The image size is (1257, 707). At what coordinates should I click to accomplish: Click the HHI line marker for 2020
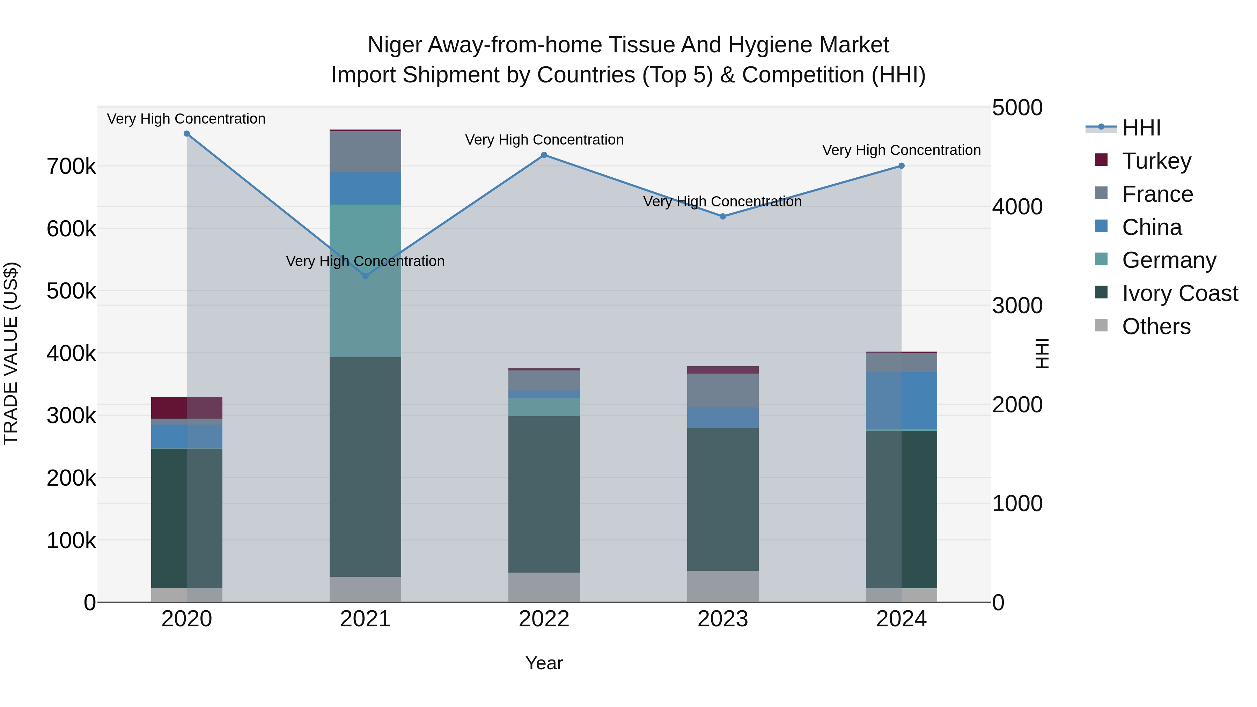[x=186, y=134]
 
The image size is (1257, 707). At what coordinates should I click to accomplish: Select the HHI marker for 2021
[x=366, y=276]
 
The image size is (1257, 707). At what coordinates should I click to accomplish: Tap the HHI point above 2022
[x=544, y=155]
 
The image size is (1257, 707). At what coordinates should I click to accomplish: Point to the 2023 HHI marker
[x=723, y=216]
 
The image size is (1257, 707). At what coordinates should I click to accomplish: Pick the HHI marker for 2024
[x=901, y=166]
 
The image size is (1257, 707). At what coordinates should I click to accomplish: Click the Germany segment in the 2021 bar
[x=366, y=281]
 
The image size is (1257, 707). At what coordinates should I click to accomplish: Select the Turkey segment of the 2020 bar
[x=186, y=408]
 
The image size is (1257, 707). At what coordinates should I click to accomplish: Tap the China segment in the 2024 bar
[x=901, y=400]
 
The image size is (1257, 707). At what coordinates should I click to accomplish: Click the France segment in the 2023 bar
[x=723, y=390]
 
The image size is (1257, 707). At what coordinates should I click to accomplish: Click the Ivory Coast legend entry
[x=1180, y=293]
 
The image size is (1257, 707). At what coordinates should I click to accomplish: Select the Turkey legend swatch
[x=1101, y=160]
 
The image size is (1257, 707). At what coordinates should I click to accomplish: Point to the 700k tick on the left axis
[x=71, y=167]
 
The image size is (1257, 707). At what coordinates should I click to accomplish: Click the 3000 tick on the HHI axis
[x=1017, y=306]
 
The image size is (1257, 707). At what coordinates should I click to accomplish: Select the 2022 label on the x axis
[x=544, y=619]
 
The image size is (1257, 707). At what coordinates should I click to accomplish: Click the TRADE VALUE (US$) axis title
[x=11, y=353]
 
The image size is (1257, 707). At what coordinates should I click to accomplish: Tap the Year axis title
[x=544, y=663]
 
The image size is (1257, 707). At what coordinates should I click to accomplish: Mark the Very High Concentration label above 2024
[x=901, y=150]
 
